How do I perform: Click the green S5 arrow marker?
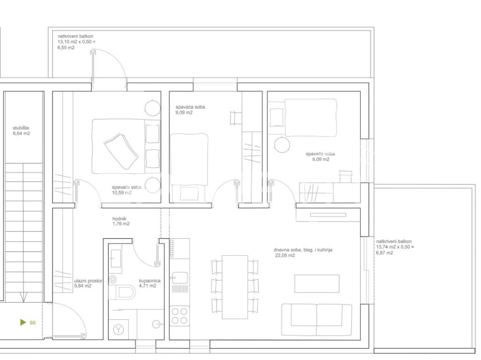(23, 322)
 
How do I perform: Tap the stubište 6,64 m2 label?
(21, 131)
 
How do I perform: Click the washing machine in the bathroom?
(118, 330)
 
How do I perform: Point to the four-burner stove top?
(180, 316)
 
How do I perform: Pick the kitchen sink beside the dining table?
(180, 278)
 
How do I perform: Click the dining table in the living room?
(235, 287)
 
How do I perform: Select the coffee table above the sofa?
(317, 284)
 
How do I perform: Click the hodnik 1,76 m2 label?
(121, 221)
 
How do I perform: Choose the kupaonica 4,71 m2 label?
(150, 283)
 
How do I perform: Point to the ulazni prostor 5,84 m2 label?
(88, 283)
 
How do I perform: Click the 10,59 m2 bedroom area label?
(122, 193)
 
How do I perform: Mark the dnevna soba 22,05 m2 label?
(303, 252)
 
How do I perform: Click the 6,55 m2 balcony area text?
(66, 47)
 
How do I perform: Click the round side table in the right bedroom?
(282, 145)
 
